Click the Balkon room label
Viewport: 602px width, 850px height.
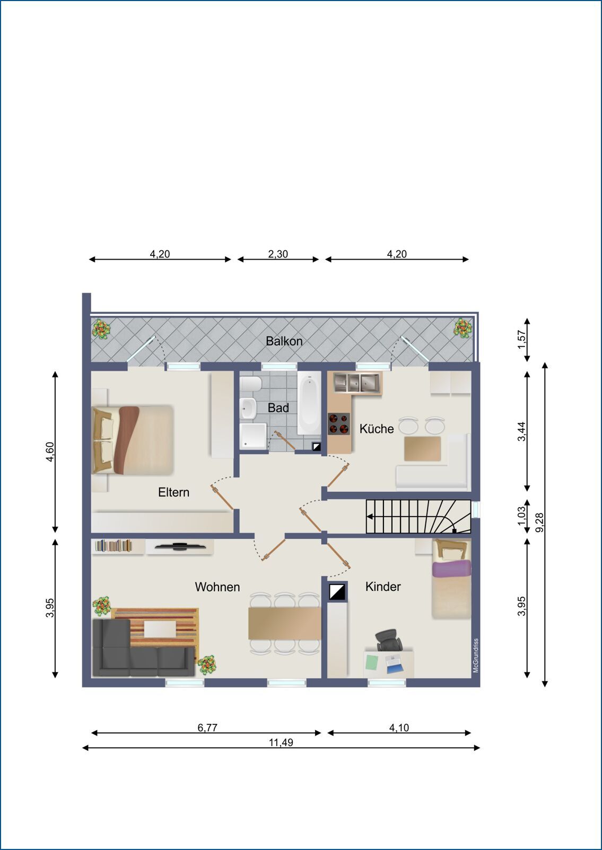(x=284, y=341)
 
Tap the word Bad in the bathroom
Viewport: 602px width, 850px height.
(x=278, y=408)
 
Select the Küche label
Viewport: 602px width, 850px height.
(x=377, y=428)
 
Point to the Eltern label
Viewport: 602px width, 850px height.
(x=173, y=492)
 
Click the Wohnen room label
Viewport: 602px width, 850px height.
(x=217, y=587)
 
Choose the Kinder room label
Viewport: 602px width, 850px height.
(x=383, y=586)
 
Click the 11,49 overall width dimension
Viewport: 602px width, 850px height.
(x=281, y=742)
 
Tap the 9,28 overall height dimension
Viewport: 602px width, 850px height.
(x=539, y=523)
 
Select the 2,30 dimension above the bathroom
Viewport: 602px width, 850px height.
(x=278, y=254)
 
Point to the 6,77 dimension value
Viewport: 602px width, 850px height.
(x=207, y=728)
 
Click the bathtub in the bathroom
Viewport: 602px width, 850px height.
(x=309, y=403)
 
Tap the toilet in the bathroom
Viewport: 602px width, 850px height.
(x=250, y=384)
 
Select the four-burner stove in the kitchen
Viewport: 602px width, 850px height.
(x=338, y=424)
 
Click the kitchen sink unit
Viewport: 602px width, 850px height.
(x=357, y=383)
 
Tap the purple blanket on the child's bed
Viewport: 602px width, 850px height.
(x=451, y=568)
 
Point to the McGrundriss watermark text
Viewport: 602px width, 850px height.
(x=476, y=656)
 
